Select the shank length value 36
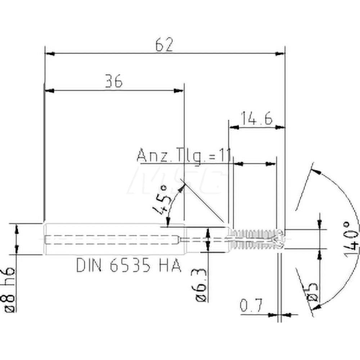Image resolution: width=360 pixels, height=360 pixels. pos(114,81)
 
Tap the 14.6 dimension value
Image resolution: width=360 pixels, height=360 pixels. pos(257,118)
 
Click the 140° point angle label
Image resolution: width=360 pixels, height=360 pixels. pos(351,239)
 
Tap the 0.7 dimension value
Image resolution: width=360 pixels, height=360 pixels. pos(251,306)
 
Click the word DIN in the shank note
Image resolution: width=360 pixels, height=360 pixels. pos(89,265)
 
